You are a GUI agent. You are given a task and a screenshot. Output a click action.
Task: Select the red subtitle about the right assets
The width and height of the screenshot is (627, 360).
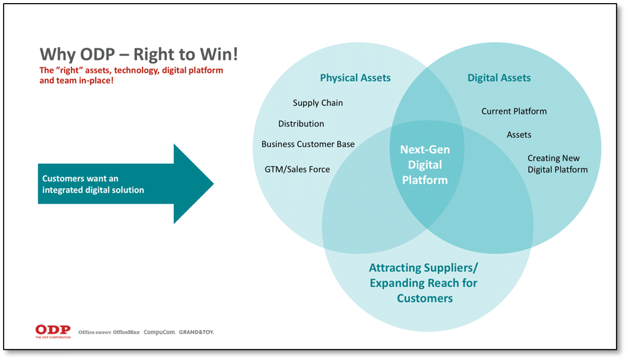click(x=131, y=75)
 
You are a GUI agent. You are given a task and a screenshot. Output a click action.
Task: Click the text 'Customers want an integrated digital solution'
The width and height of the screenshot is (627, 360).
click(x=93, y=184)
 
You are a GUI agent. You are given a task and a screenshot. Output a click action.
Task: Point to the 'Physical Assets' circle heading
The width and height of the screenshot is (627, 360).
click(x=355, y=78)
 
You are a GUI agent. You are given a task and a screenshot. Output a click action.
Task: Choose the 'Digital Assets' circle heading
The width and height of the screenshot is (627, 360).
click(x=499, y=78)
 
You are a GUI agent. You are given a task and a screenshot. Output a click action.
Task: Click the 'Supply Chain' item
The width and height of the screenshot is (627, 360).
click(x=318, y=103)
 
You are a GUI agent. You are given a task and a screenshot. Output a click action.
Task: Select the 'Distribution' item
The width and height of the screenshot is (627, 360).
click(x=301, y=124)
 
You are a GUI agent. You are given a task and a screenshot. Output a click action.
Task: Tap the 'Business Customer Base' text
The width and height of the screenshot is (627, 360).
click(x=308, y=144)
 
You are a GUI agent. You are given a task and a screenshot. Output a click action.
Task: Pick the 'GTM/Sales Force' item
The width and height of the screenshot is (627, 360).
click(x=297, y=169)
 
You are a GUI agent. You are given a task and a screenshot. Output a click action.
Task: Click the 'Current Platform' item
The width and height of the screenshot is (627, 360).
click(x=514, y=111)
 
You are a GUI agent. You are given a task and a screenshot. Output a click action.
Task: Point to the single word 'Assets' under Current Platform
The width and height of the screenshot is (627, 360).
click(x=519, y=135)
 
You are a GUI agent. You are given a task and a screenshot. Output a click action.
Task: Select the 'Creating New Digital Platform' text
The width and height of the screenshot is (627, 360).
click(x=557, y=164)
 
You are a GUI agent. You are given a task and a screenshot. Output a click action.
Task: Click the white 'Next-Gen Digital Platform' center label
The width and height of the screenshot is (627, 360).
click(x=424, y=165)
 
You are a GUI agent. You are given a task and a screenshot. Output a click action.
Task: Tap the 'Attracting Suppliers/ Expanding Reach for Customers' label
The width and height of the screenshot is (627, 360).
click(x=424, y=283)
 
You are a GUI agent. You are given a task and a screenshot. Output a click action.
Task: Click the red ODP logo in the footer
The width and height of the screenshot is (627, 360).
click(x=53, y=331)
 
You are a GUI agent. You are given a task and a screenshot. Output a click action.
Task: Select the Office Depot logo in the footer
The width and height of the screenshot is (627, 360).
click(x=95, y=332)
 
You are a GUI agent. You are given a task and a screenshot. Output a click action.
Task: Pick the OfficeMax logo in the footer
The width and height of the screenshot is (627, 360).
click(x=126, y=332)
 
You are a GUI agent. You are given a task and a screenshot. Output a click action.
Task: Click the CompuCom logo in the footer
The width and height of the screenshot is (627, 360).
click(x=159, y=332)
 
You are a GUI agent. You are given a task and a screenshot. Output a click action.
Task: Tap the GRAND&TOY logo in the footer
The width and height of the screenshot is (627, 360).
click(x=196, y=332)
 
